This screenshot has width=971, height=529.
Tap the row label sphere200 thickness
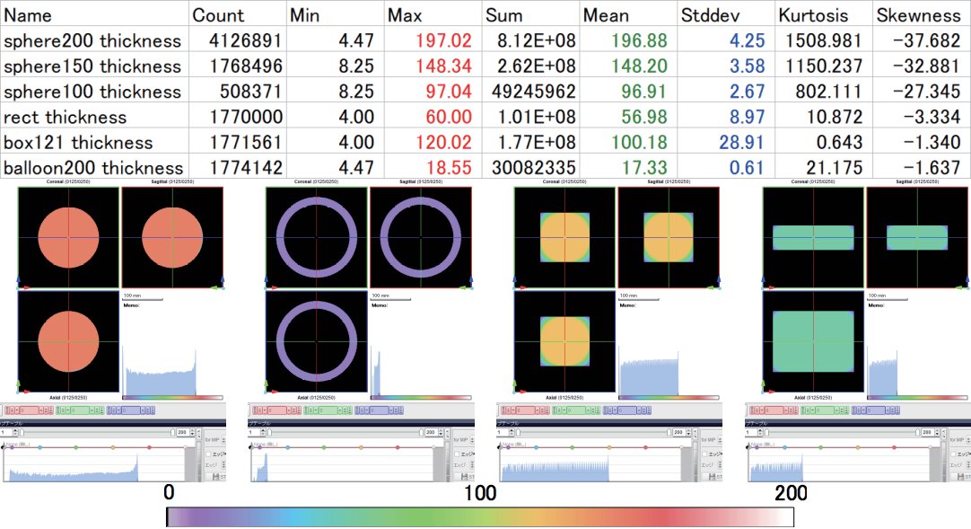tap(92, 41)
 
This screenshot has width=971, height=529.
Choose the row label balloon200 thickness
tap(93, 168)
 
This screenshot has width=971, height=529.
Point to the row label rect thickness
tap(66, 118)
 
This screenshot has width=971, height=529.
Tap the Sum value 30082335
tap(526, 168)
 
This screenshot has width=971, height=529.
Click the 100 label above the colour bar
tap(480, 493)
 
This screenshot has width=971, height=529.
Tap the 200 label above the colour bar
tap(791, 493)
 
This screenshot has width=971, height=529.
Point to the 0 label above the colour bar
tap(168, 493)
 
